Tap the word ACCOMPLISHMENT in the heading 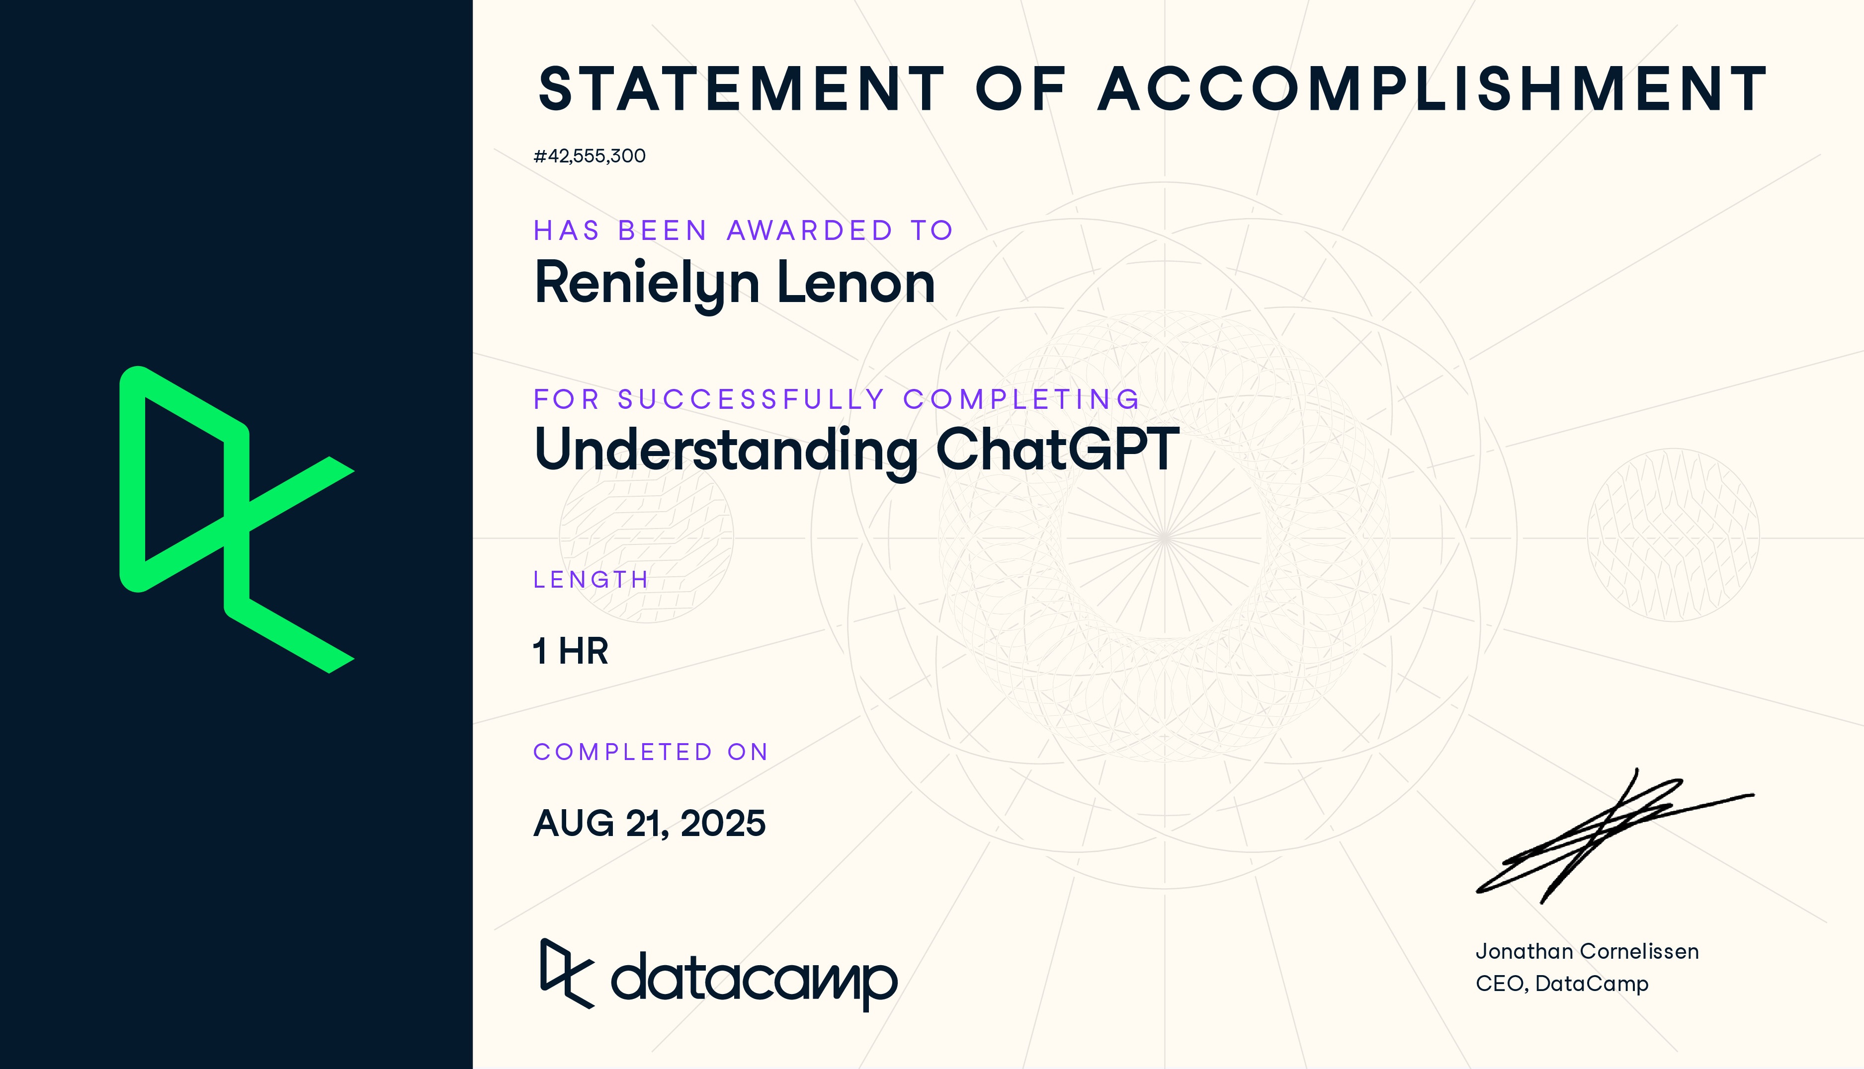(x=1432, y=89)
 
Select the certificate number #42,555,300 (x=589, y=155)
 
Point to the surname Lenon (x=855, y=284)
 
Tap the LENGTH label (x=591, y=579)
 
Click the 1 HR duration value (x=571, y=651)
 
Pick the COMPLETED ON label (x=651, y=752)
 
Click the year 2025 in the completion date (x=723, y=823)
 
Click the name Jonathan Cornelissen (x=1586, y=952)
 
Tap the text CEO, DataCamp (x=1561, y=983)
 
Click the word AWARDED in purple (x=809, y=230)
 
